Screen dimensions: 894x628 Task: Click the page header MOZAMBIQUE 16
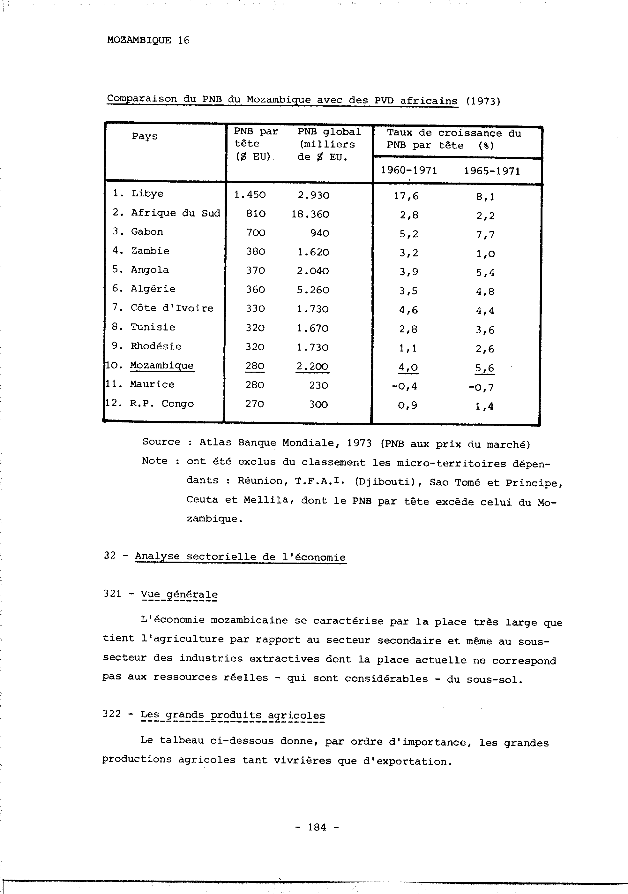coord(148,40)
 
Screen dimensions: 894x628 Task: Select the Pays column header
coord(145,136)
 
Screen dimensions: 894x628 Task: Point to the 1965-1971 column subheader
coord(492,171)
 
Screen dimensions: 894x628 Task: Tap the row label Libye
coord(147,193)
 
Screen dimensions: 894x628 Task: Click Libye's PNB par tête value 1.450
coord(250,195)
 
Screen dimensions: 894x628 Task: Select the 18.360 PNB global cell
coord(310,215)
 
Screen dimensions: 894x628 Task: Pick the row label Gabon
coord(147,232)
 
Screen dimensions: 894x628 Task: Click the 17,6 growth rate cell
coord(406,196)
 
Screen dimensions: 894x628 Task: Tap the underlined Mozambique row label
coord(161,366)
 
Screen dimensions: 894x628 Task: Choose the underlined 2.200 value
coord(312,367)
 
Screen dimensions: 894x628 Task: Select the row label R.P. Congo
coord(161,404)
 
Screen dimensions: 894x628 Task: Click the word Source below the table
coord(161,442)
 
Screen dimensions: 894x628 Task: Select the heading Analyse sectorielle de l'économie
coord(240,557)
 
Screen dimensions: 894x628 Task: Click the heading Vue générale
coord(179,595)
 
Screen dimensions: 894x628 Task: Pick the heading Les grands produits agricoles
coord(233,715)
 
